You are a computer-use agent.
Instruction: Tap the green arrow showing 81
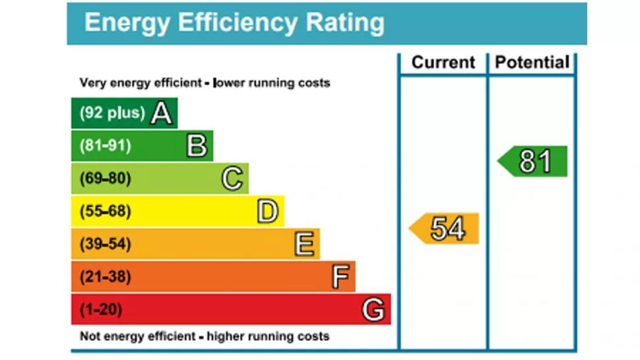pos(533,162)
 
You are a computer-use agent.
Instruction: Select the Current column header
pos(443,63)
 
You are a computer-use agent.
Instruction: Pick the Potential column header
pos(532,63)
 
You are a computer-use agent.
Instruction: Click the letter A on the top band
pos(162,113)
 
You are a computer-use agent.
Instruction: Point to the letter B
pos(197,146)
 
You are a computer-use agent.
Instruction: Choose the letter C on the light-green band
pos(232,179)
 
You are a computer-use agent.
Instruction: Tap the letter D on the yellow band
pos(267,212)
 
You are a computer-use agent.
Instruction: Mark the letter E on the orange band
pos(304,245)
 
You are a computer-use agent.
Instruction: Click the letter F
pos(340,277)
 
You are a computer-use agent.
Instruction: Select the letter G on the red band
pos(373,309)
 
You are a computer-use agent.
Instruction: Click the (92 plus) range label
pos(112,113)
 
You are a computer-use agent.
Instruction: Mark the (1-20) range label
pos(101,309)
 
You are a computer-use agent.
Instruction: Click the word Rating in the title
pos(344,23)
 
